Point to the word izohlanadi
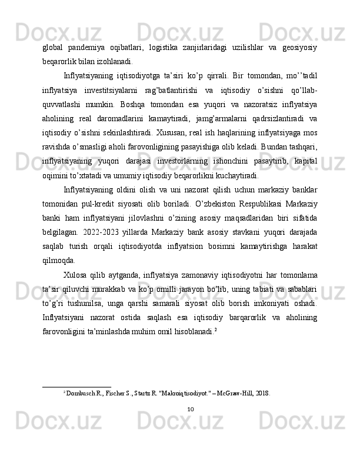click(x=113, y=61)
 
